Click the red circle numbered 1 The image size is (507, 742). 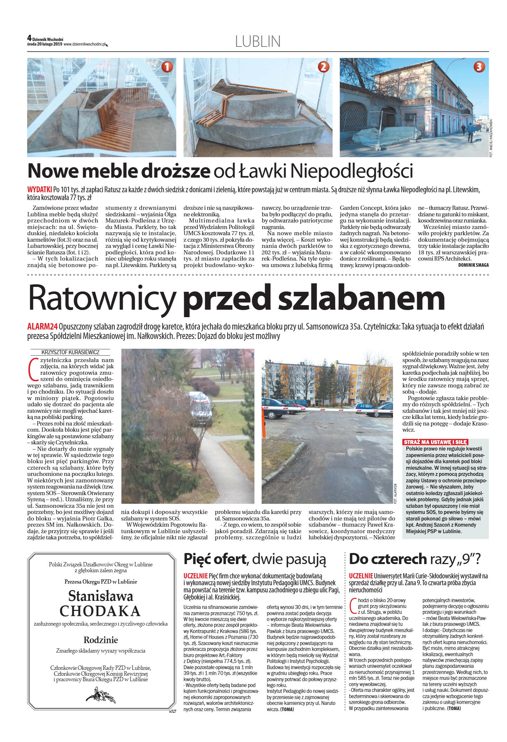(167, 67)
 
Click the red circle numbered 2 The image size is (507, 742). (323, 67)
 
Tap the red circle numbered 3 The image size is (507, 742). (479, 67)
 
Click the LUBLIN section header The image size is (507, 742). (258, 42)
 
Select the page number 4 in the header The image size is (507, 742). (29, 38)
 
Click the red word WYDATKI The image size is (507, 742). (39, 190)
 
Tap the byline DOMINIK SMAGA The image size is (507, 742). (473, 265)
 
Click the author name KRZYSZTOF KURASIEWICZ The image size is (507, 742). (71, 352)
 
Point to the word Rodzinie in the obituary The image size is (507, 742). (101, 640)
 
